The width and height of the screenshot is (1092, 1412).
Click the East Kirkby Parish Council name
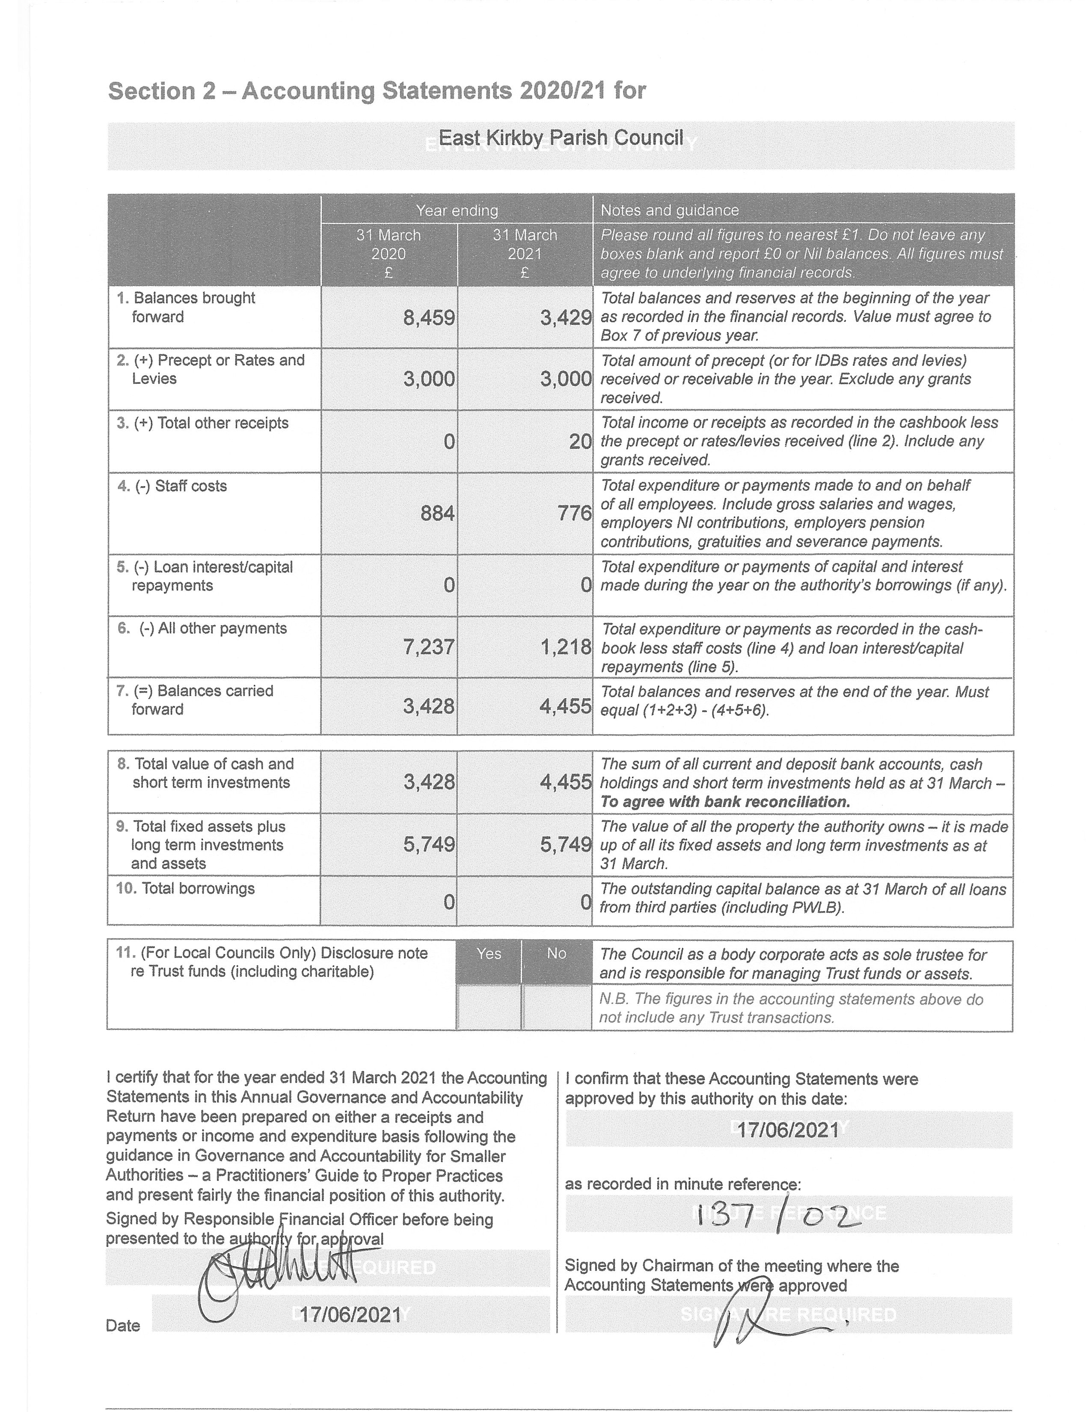pyautogui.click(x=561, y=138)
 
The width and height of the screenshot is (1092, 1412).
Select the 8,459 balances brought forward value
pyautogui.click(x=429, y=318)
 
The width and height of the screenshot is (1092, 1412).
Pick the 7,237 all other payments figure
pyautogui.click(x=429, y=647)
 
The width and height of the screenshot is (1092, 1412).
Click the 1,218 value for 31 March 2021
pyautogui.click(x=566, y=647)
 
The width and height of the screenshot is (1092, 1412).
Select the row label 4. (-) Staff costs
pyautogui.click(x=172, y=486)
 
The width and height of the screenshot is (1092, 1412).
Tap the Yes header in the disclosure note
pyautogui.click(x=489, y=954)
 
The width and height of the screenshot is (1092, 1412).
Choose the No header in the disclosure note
pyautogui.click(x=557, y=954)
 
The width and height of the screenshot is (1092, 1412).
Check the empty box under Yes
pyautogui.click(x=489, y=1007)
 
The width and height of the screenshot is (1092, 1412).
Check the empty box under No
pyautogui.click(x=557, y=1007)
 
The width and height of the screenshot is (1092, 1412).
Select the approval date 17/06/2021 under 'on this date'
pyautogui.click(x=788, y=1130)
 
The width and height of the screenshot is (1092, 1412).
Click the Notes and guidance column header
pyautogui.click(x=669, y=210)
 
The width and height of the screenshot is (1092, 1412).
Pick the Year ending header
pyautogui.click(x=457, y=210)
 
